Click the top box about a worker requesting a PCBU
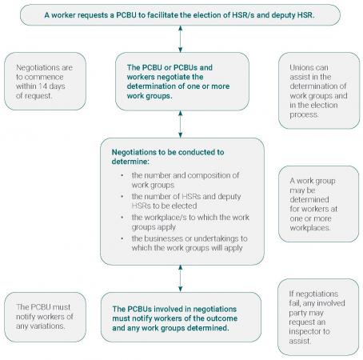coord(181,14)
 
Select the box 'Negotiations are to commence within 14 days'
coord(44,82)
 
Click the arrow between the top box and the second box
coord(181,39)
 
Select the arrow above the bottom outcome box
coord(181,278)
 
